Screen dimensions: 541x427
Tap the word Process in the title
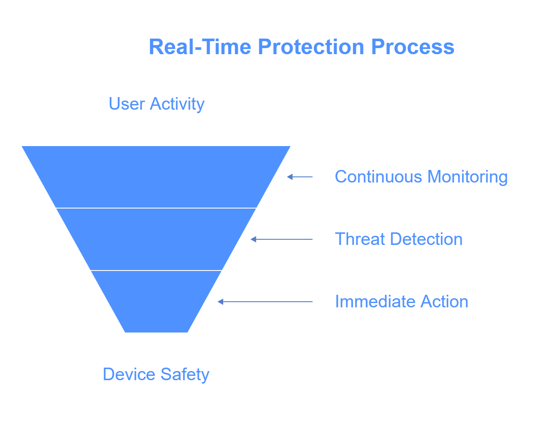[413, 47]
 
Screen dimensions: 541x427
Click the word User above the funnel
[127, 104]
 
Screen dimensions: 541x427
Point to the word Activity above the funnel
[177, 104]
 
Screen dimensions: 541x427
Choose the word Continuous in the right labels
[378, 176]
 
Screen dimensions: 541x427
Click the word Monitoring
[468, 177]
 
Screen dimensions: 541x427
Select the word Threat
[360, 239]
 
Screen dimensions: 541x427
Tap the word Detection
[427, 239]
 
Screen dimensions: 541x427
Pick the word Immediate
[375, 301]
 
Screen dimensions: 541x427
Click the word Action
[444, 301]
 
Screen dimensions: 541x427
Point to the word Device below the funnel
[129, 374]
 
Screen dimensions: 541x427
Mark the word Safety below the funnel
[185, 375]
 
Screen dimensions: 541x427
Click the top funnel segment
[156, 177]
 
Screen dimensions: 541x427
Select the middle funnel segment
[156, 239]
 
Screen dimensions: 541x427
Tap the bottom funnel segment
[156, 302]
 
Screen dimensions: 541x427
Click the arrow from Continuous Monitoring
[300, 177]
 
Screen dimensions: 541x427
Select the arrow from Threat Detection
[282, 239]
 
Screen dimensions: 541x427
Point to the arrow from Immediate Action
[265, 302]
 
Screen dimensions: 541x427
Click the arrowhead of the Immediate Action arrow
[220, 302]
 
